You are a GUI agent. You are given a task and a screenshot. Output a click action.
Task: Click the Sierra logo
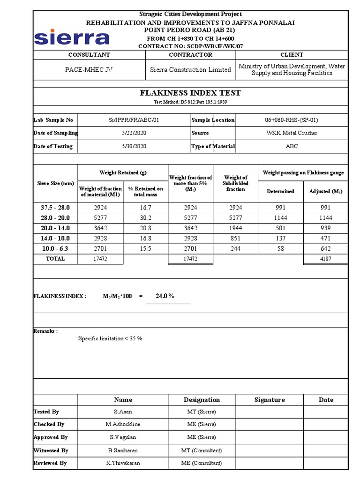(x=71, y=37)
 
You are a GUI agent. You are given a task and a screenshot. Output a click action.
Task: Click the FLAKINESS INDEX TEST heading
(x=190, y=93)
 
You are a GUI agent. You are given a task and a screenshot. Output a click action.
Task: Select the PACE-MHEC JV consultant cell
(x=89, y=69)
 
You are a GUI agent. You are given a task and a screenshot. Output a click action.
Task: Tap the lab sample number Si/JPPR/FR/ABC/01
(x=134, y=120)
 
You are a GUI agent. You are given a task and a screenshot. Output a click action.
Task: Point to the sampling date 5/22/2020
(x=134, y=133)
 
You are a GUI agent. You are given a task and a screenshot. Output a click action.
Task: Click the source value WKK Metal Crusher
(x=292, y=133)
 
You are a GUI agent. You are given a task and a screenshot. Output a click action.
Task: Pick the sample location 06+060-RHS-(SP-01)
(x=292, y=120)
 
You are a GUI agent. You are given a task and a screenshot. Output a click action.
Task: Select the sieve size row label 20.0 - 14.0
(x=55, y=228)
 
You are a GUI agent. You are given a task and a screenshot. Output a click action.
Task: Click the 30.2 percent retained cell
(x=146, y=218)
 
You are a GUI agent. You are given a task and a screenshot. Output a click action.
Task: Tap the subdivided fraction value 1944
(x=235, y=228)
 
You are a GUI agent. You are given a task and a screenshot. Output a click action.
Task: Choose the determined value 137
(x=280, y=239)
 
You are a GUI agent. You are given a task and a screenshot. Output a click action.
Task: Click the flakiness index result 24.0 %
(x=165, y=296)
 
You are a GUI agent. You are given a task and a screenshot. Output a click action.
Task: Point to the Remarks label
(x=45, y=331)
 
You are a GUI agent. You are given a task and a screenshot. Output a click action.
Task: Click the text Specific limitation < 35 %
(x=110, y=338)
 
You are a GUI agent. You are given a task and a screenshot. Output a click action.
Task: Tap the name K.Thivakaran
(x=123, y=463)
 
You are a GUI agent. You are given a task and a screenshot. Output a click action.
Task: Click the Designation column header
(x=202, y=400)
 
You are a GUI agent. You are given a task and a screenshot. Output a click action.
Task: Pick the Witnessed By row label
(x=51, y=450)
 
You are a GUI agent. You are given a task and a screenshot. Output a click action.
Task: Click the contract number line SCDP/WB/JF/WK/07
(x=190, y=46)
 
